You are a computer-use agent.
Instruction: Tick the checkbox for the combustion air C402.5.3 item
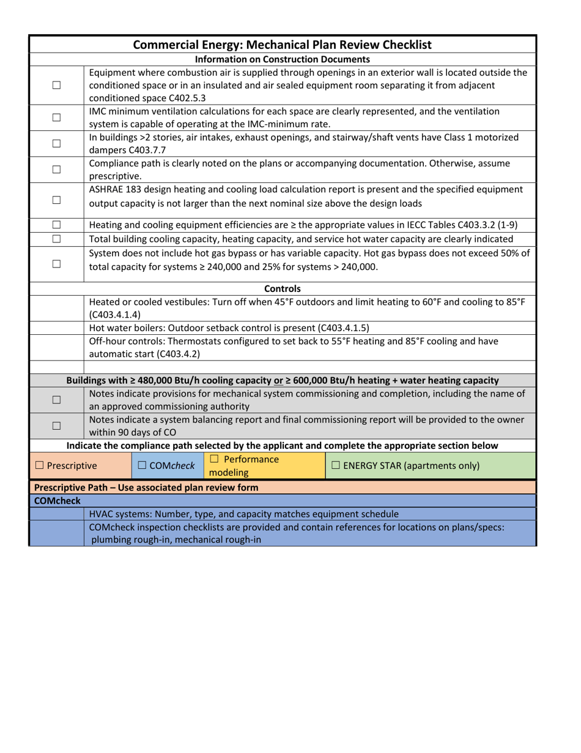pos(56,84)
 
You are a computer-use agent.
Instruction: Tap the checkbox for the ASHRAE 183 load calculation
pos(56,184)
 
